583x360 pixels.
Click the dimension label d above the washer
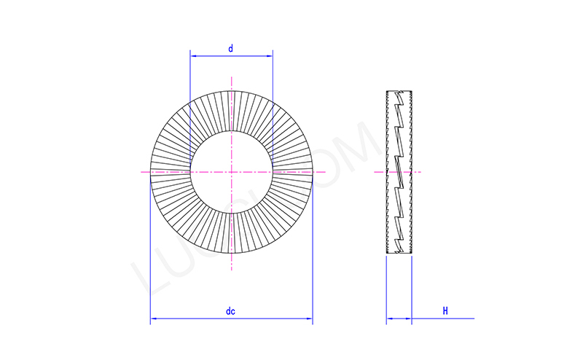click(230, 49)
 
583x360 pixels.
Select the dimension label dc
click(230, 311)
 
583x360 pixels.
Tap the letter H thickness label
click(445, 311)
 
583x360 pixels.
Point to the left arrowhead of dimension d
click(192, 55)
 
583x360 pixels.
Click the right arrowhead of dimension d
click(270, 55)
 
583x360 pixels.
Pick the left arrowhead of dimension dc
click(153, 318)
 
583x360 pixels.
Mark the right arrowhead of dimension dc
click(309, 318)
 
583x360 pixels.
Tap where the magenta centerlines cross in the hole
click(231, 172)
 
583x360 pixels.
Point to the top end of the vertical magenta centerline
click(231, 76)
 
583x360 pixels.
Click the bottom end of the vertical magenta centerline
click(231, 270)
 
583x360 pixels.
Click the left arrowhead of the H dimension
click(389, 318)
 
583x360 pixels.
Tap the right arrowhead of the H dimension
click(408, 318)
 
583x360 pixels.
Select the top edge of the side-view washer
click(399, 91)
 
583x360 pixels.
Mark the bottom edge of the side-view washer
click(399, 253)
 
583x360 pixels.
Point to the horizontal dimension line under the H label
click(445, 318)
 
